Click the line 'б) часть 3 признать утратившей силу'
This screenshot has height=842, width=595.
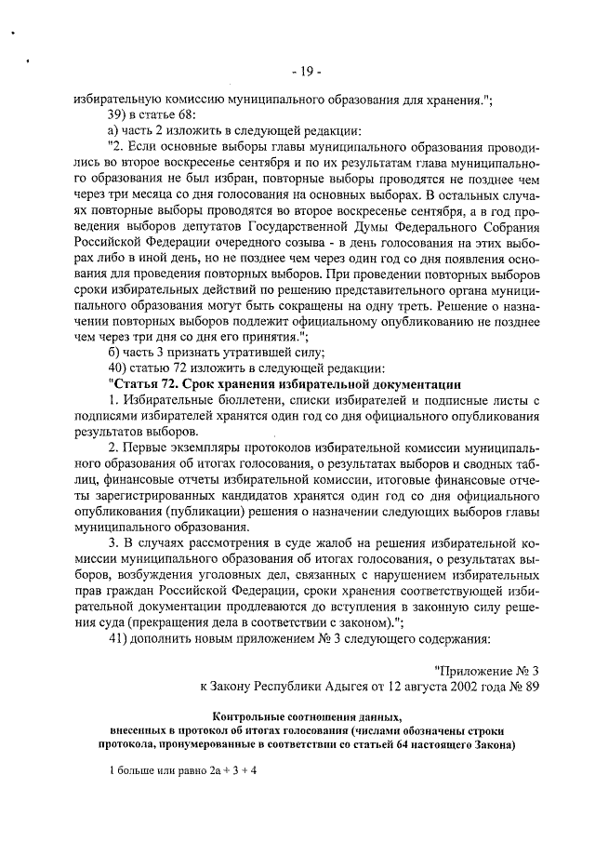pos(215,352)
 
